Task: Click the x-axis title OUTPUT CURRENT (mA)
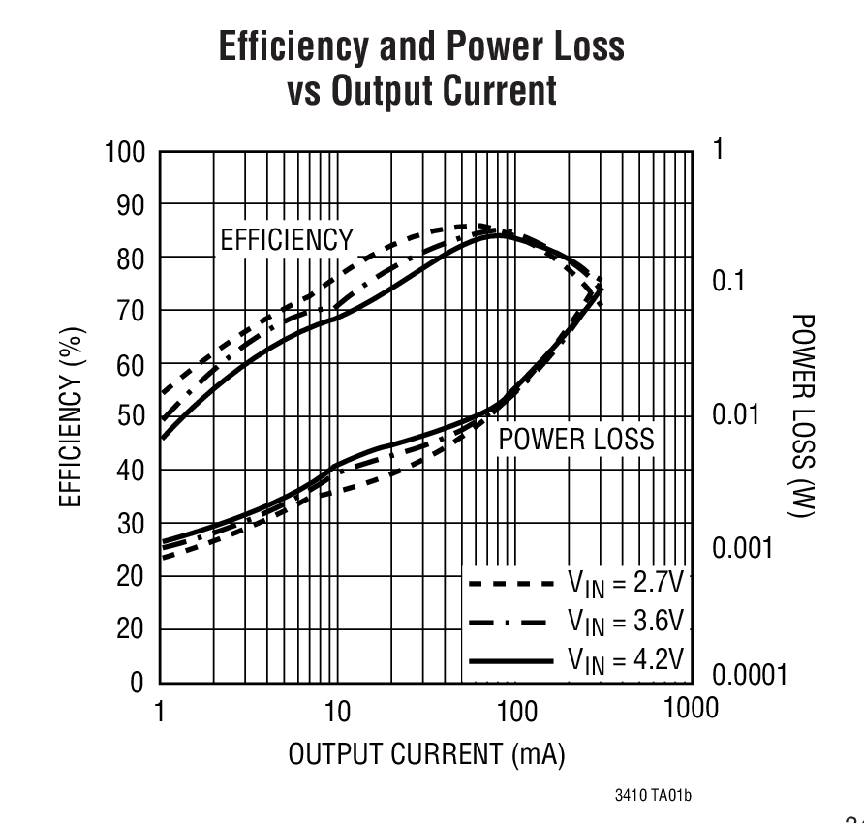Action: tap(426, 753)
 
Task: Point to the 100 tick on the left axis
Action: tap(125, 152)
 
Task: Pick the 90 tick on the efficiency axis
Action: tap(131, 205)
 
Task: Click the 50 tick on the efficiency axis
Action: tap(131, 417)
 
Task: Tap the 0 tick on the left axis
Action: tap(137, 683)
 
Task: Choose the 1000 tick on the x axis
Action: tap(690, 709)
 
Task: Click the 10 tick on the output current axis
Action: tap(336, 713)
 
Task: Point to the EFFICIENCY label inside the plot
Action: tap(287, 240)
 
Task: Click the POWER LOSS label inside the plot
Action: tap(576, 440)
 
